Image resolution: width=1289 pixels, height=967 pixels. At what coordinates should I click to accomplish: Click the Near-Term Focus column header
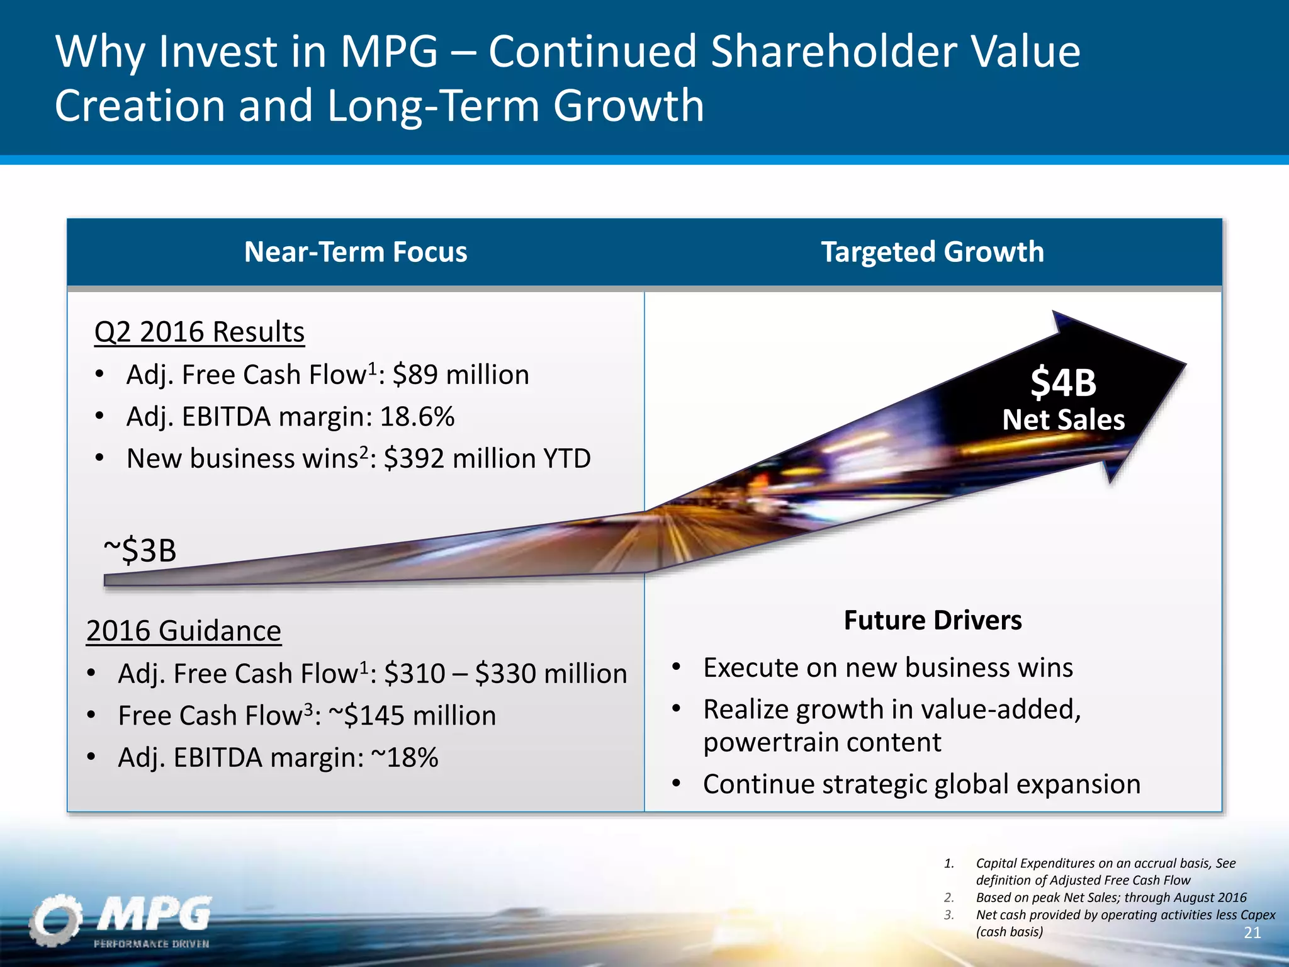[x=356, y=252]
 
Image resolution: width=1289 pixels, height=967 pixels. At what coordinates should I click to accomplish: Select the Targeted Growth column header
[x=932, y=252]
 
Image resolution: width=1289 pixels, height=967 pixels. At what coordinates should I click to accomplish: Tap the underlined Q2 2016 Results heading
[x=199, y=332]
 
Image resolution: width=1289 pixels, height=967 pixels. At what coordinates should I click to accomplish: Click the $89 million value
[x=461, y=375]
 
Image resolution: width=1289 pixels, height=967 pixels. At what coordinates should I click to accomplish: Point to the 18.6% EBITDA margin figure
[x=417, y=417]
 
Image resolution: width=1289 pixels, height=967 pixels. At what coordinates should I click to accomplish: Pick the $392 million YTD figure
[x=487, y=458]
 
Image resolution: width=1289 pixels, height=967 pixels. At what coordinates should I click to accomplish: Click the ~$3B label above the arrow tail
[x=140, y=550]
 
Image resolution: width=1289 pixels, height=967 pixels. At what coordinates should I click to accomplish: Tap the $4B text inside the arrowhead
[x=1063, y=382]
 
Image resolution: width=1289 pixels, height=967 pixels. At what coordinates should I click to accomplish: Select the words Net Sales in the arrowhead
[x=1063, y=420]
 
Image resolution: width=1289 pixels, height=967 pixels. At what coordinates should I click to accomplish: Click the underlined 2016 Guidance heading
[x=184, y=631]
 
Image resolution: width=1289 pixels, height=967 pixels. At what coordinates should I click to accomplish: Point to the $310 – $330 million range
[x=505, y=674]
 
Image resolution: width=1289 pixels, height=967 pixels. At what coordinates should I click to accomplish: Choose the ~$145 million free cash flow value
[x=412, y=716]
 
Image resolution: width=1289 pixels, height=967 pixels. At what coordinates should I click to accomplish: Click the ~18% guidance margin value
[x=405, y=757]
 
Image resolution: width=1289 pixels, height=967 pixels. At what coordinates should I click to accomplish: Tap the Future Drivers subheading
[x=932, y=620]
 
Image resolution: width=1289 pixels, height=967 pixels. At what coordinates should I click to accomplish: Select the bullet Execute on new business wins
[x=887, y=667]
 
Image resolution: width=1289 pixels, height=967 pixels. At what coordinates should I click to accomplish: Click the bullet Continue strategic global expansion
[x=921, y=784]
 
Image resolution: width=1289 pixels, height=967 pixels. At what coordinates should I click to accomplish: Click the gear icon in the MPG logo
[x=55, y=920]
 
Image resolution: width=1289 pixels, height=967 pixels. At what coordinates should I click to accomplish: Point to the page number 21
[x=1252, y=933]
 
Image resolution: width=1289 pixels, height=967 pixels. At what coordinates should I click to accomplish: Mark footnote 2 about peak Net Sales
[x=1111, y=897]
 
